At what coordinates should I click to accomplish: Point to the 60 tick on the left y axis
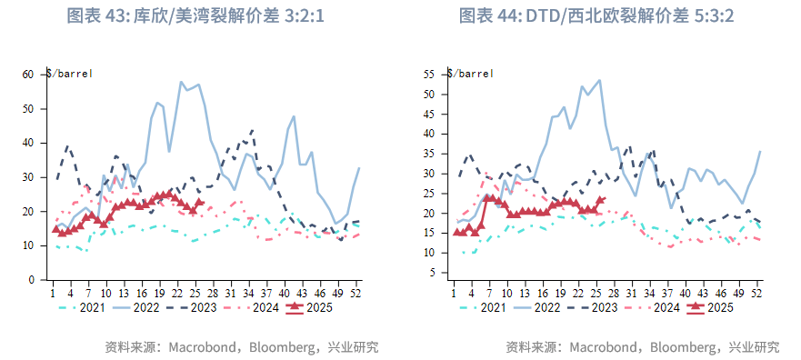tap(28, 75)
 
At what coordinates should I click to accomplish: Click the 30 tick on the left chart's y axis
tap(28, 177)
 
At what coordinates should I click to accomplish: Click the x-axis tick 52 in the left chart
tap(355, 292)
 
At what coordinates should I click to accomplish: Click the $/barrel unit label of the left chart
tap(69, 73)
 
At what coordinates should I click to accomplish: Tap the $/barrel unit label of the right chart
tap(470, 73)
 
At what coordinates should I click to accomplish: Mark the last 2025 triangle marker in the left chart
tap(200, 203)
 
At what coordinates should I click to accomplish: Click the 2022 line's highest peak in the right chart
tap(599, 80)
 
